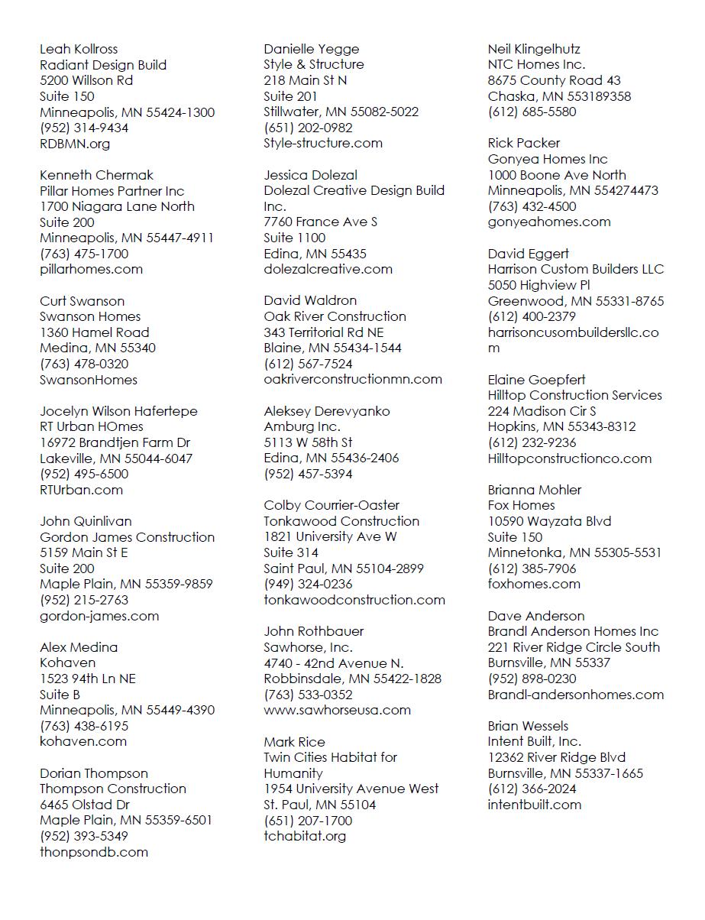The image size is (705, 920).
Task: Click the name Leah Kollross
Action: click(x=79, y=49)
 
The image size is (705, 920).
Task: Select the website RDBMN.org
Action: click(x=75, y=144)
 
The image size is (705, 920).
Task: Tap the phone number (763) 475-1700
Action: click(x=84, y=254)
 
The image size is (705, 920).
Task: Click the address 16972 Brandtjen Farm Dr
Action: click(x=115, y=442)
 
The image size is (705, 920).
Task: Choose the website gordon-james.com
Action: click(x=99, y=616)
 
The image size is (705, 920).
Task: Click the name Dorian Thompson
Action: click(x=94, y=773)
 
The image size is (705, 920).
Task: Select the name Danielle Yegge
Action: click(x=312, y=49)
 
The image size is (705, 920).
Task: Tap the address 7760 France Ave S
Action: click(x=321, y=222)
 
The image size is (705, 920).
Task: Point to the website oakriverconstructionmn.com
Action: click(x=353, y=379)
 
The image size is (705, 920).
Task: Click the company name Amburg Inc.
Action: click(x=302, y=426)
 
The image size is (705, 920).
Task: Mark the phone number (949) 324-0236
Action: click(x=309, y=584)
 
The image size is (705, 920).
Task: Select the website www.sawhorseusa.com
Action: click(x=338, y=710)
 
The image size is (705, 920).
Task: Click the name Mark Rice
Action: click(x=294, y=742)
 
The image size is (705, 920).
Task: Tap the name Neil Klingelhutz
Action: click(x=535, y=49)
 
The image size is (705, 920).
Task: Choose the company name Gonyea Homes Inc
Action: click(x=548, y=159)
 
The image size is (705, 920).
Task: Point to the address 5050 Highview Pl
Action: click(x=539, y=285)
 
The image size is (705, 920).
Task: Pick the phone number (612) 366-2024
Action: click(x=532, y=789)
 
